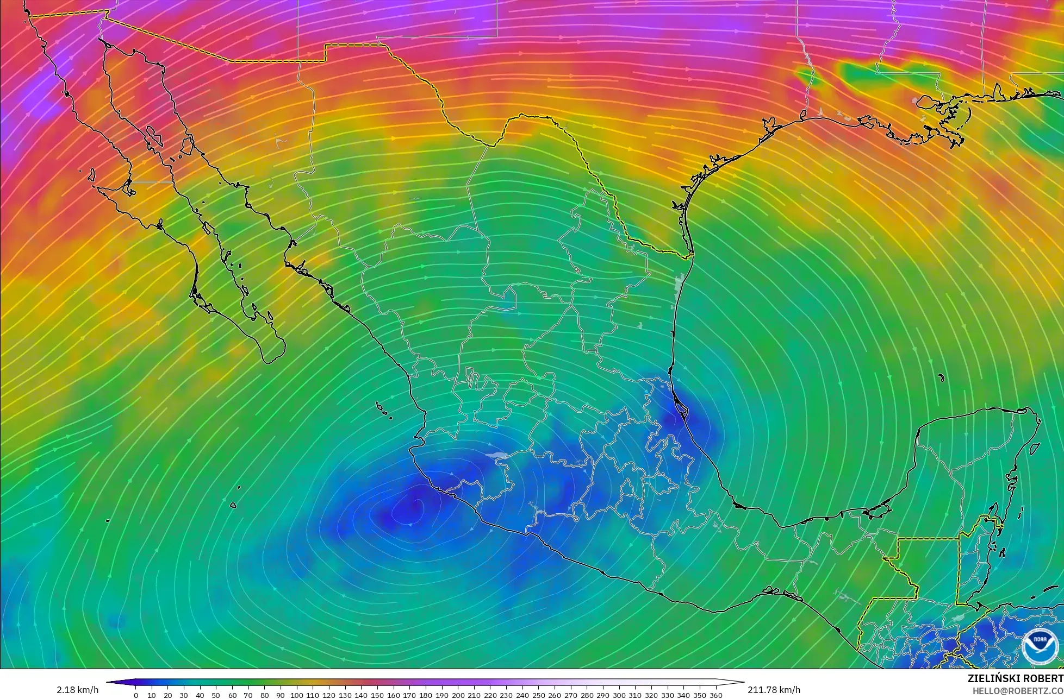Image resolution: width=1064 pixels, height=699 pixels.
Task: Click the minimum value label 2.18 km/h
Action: click(x=77, y=690)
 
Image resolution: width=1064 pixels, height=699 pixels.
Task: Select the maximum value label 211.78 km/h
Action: click(x=774, y=690)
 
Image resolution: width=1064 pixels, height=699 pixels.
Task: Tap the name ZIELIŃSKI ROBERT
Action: click(x=1015, y=678)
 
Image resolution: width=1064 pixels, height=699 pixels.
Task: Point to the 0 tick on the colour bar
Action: click(x=136, y=695)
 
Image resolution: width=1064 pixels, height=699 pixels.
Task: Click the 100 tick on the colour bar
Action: click(x=296, y=695)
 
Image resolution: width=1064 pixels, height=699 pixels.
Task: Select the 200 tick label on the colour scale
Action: click(x=458, y=695)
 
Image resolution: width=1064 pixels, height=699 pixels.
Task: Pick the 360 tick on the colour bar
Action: click(x=716, y=695)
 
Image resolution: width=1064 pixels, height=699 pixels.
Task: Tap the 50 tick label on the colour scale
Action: click(x=216, y=695)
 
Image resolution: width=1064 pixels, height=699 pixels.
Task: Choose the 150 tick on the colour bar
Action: click(x=377, y=695)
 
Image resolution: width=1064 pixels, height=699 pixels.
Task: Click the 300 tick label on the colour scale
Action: click(x=619, y=695)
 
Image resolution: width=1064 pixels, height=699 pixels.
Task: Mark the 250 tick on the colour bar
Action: click(x=538, y=695)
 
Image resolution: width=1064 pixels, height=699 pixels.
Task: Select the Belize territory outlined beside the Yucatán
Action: click(x=973, y=565)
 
